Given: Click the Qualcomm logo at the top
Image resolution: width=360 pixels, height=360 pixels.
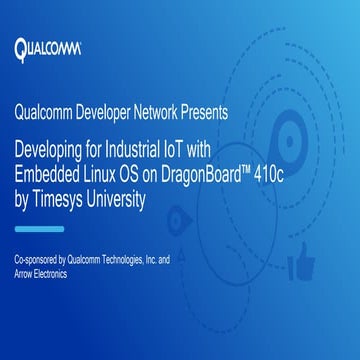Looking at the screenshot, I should click(x=49, y=47).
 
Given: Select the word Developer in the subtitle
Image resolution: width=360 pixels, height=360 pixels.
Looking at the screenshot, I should click(x=112, y=112).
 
